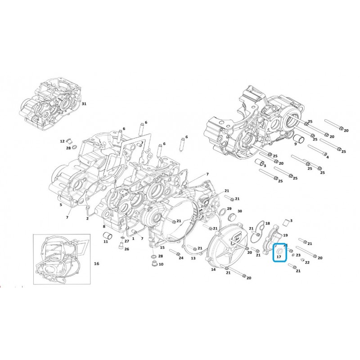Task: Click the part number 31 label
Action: point(84,104)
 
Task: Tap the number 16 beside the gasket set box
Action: point(97,264)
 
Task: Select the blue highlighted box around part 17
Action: point(279,252)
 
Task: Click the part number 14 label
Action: point(213,269)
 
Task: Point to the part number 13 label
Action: point(193,258)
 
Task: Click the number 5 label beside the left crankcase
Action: point(61,205)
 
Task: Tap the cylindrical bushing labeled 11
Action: point(107,235)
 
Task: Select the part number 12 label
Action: point(62,141)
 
